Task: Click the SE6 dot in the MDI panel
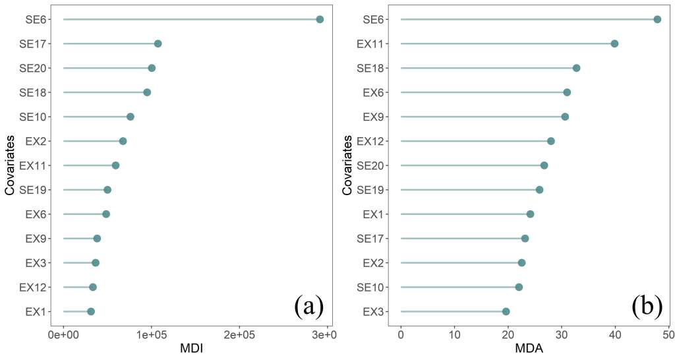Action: click(x=320, y=19)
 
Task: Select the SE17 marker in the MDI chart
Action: click(x=158, y=44)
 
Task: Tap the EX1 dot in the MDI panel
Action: click(x=91, y=311)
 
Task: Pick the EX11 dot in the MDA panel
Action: click(x=614, y=44)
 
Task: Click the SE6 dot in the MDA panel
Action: click(x=657, y=19)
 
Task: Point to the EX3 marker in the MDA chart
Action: click(x=506, y=311)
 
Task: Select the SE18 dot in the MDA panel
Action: click(x=576, y=68)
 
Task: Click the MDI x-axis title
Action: click(x=191, y=349)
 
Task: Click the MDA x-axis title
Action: click(x=528, y=349)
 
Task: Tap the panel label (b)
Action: click(x=647, y=307)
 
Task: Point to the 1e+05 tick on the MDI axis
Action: click(x=151, y=335)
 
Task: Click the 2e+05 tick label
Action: click(x=239, y=335)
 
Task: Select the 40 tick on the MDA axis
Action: click(x=615, y=335)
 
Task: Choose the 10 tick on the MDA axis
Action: click(x=454, y=335)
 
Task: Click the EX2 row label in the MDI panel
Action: click(x=34, y=141)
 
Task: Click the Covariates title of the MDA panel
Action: click(x=347, y=165)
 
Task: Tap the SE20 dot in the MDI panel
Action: click(x=152, y=68)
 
